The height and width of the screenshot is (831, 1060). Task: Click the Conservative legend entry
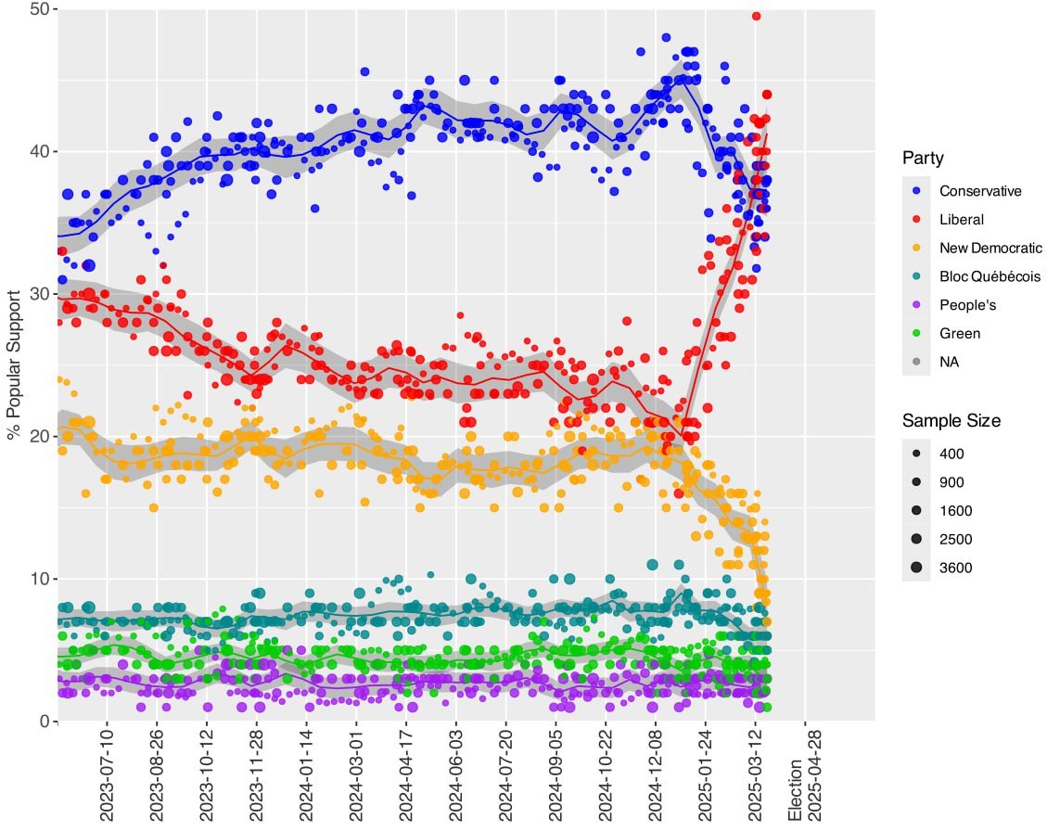pyautogui.click(x=979, y=191)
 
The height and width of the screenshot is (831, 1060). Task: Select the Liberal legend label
pyautogui.click(x=961, y=220)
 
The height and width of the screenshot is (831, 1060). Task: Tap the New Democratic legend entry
pyautogui.click(x=990, y=248)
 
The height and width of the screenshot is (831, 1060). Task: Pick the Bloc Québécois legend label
pyautogui.click(x=989, y=276)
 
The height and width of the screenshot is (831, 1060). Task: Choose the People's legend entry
pyautogui.click(x=967, y=305)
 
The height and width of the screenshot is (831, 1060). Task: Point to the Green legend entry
pyautogui.click(x=959, y=333)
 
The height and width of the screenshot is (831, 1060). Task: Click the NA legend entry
pyautogui.click(x=949, y=362)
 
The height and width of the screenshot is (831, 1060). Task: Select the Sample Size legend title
pyautogui.click(x=951, y=421)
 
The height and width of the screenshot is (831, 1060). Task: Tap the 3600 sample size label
pyautogui.click(x=956, y=568)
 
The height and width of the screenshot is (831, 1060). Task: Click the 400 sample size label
pyautogui.click(x=952, y=454)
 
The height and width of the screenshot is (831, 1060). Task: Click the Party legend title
pyautogui.click(x=923, y=159)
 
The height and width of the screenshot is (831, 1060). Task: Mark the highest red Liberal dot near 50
pyautogui.click(x=757, y=16)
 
